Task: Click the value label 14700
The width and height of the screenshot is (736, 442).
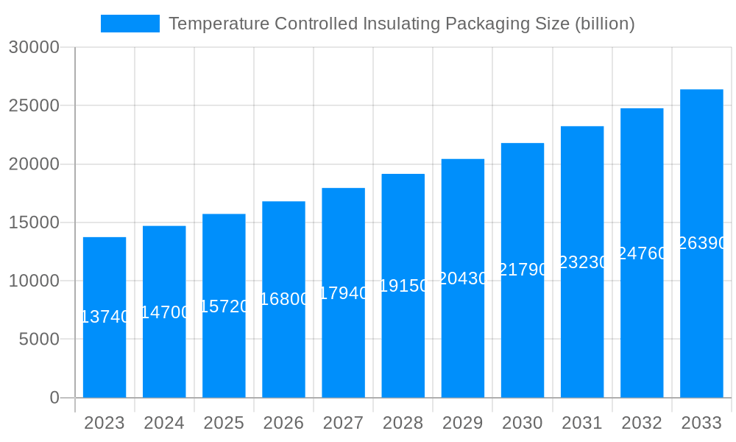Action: point(165,312)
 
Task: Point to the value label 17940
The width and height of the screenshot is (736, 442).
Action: point(344,293)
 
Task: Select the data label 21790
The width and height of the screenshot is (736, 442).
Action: point(523,270)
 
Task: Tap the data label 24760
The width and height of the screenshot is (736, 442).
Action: point(642,253)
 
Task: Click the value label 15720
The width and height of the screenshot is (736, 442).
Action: point(224,306)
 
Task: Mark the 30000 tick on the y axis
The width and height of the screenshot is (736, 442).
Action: point(34,48)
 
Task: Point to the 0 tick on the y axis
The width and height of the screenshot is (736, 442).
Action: point(54,398)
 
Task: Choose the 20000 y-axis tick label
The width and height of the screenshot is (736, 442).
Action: point(34,164)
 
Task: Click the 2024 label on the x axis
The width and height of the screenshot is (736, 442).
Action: point(164,423)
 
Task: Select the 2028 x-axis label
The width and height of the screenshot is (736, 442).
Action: point(403,423)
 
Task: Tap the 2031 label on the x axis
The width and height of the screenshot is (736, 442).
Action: point(582,423)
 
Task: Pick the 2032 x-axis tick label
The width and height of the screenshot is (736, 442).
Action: point(642,423)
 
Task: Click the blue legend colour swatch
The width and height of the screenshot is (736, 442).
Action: point(130,24)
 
